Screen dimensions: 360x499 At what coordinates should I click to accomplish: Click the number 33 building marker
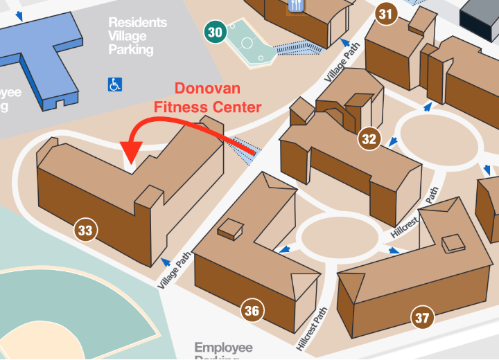(x=85, y=231)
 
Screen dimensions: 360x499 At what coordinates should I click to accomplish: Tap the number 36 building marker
(x=252, y=311)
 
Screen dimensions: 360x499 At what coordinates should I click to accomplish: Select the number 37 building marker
(x=422, y=318)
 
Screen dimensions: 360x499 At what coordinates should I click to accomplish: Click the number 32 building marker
(x=369, y=139)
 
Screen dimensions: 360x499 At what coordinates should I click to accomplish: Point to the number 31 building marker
(x=386, y=14)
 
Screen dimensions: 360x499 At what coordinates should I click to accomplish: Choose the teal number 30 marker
(x=215, y=32)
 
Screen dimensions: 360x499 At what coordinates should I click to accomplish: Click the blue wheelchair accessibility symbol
(x=115, y=84)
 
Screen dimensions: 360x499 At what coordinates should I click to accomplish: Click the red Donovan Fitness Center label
(x=207, y=98)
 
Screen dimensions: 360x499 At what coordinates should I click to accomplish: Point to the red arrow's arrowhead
(x=131, y=150)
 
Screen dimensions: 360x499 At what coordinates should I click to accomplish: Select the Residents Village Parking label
(x=138, y=36)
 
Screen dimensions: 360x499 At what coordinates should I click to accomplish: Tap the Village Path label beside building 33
(x=174, y=271)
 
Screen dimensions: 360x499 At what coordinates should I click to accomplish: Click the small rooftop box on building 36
(x=231, y=229)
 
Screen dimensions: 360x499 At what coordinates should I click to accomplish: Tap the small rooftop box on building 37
(x=453, y=243)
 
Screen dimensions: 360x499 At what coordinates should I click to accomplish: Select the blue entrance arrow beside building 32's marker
(x=392, y=143)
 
